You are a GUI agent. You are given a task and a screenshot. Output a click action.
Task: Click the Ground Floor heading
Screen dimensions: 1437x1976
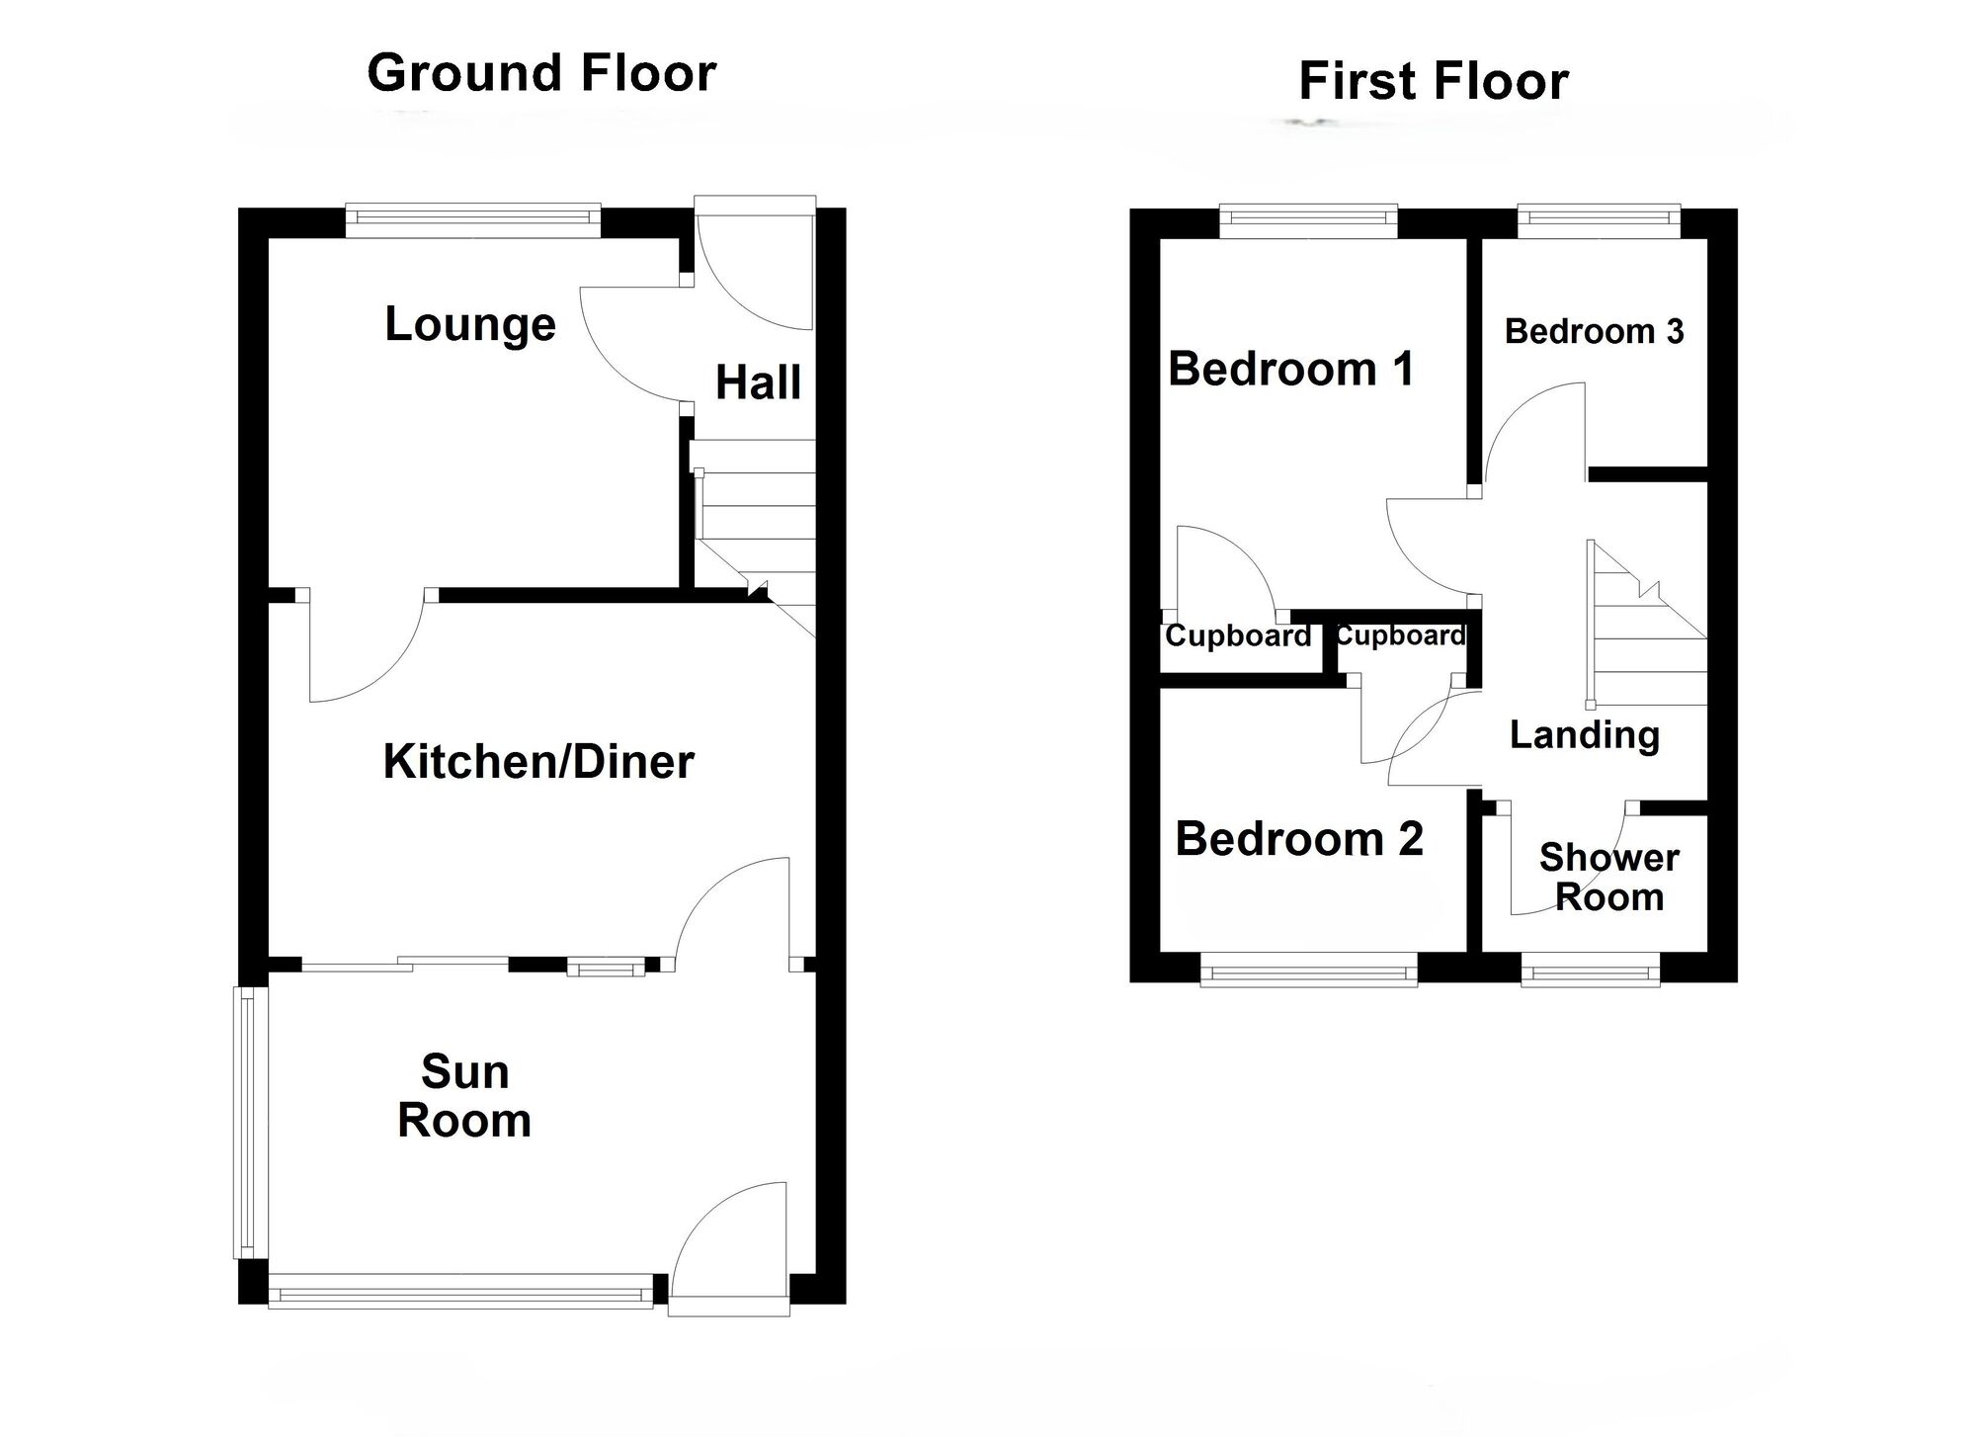point(541,74)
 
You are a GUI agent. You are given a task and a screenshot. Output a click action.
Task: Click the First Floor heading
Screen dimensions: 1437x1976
point(1433,81)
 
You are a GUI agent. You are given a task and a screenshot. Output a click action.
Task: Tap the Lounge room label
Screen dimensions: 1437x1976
point(469,324)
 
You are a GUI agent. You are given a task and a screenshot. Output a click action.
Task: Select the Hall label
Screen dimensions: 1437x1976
point(758,383)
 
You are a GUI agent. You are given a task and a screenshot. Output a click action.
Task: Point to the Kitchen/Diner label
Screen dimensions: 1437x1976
point(538,762)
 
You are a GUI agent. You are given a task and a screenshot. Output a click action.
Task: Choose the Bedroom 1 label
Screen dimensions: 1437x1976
point(1290,369)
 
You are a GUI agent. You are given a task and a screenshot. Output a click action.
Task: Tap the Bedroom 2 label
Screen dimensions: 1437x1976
point(1298,839)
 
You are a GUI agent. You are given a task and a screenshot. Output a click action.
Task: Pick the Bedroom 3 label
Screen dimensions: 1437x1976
point(1594,331)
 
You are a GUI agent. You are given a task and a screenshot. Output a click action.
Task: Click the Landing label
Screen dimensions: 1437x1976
point(1585,735)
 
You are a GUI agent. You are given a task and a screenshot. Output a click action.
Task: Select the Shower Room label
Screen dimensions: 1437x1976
point(1608,878)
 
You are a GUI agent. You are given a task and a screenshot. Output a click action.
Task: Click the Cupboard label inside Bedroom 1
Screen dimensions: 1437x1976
point(1237,635)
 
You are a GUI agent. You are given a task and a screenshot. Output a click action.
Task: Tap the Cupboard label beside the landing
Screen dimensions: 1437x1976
point(1400,635)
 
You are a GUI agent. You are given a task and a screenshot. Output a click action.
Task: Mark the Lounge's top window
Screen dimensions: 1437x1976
point(472,220)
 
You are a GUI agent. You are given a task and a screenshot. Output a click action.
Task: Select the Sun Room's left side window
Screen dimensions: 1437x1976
point(250,1123)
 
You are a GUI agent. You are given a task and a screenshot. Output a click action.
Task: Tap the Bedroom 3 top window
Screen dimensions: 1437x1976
point(1598,220)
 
